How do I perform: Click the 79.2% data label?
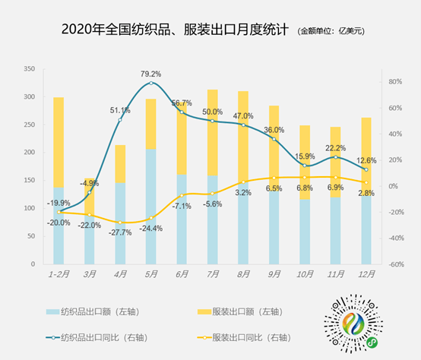(151, 74)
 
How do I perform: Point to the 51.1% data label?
(120, 111)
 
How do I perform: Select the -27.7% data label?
(120, 232)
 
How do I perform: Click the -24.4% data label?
(151, 228)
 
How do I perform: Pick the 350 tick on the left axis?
(30, 69)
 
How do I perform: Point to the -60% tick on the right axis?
(394, 264)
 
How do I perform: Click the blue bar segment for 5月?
(151, 205)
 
